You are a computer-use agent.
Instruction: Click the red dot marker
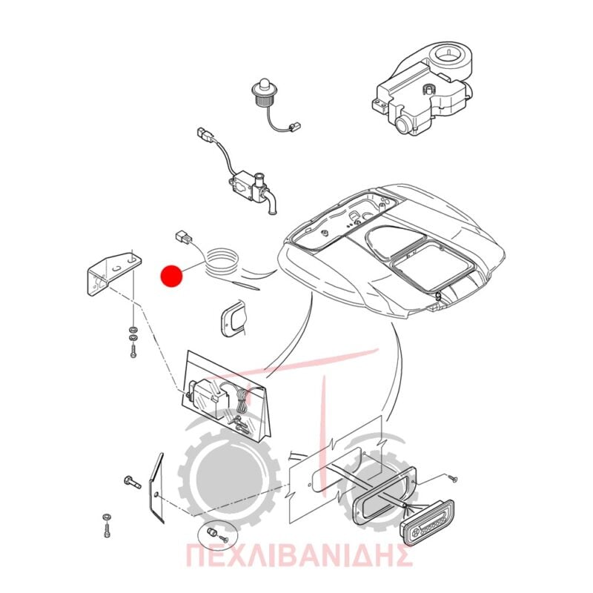click(x=171, y=275)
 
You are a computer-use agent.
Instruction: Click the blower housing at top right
click(x=423, y=89)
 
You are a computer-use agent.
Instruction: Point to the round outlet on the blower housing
click(x=404, y=125)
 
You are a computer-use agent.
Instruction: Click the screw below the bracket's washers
click(x=133, y=350)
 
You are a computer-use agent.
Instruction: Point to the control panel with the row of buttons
click(x=428, y=523)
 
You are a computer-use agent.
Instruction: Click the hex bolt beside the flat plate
click(x=132, y=481)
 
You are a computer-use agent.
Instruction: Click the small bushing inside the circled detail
click(x=211, y=532)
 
